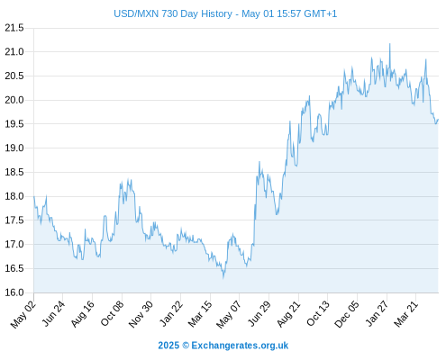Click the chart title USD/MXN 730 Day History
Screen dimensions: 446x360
click(x=173, y=13)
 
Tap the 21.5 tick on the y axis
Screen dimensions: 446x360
click(x=14, y=28)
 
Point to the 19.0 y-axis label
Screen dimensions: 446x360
click(x=14, y=148)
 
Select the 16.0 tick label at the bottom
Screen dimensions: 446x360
click(x=14, y=292)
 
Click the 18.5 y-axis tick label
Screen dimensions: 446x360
click(x=14, y=172)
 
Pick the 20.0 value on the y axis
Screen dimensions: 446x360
click(x=14, y=100)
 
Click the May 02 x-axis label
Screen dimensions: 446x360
click(x=23, y=314)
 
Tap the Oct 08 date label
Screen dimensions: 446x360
click(x=112, y=314)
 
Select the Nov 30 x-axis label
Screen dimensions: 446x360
click(x=141, y=314)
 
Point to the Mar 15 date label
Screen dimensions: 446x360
click(x=200, y=314)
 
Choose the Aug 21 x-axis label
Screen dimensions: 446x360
click(x=288, y=314)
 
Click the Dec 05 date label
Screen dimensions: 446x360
click(x=347, y=314)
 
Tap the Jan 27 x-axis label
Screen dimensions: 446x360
click(x=377, y=314)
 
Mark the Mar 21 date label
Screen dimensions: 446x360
click(x=405, y=314)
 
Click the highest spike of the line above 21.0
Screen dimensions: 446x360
click(x=390, y=44)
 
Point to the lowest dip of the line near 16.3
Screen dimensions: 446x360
click(x=223, y=278)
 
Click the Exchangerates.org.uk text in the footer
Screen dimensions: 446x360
click(x=240, y=346)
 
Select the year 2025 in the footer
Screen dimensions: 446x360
click(x=168, y=346)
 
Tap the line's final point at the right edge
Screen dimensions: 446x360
click(x=438, y=120)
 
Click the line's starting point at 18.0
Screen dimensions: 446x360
click(x=34, y=196)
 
